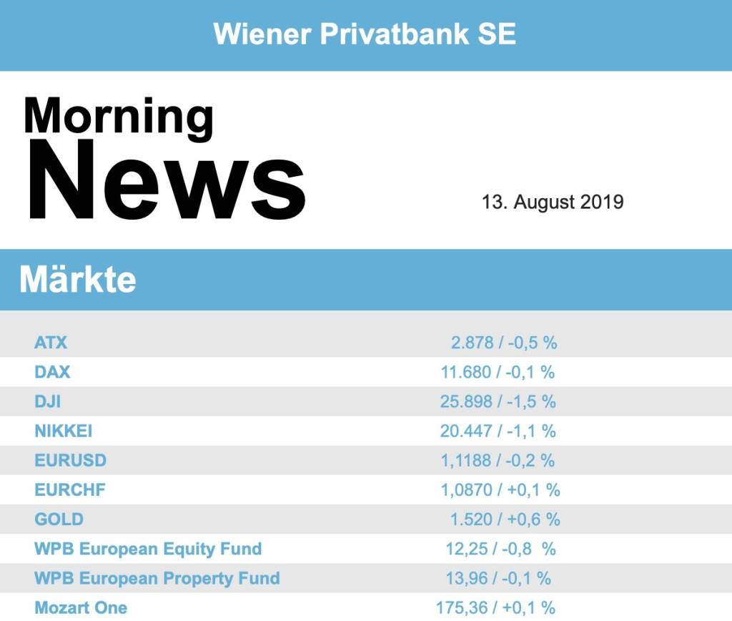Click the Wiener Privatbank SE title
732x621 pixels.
point(365,34)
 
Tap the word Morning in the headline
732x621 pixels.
point(119,117)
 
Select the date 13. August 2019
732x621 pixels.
point(553,202)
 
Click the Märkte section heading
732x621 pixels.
point(77,279)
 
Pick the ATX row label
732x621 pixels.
point(51,343)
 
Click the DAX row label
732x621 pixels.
point(52,372)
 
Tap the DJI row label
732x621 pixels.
point(47,401)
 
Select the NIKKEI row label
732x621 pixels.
point(63,431)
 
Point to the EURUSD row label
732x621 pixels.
point(70,460)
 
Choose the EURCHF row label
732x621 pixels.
point(70,490)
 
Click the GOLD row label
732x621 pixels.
point(59,519)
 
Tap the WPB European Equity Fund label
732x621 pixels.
point(148,549)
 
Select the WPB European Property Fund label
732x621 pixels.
point(157,578)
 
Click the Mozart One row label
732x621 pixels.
point(81,608)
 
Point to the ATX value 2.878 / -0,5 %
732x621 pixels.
point(503,343)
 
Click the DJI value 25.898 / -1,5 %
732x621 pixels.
point(498,401)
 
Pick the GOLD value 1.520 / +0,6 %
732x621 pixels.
point(505,519)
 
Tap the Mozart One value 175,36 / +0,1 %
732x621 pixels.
point(495,608)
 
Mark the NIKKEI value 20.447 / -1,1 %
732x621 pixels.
point(498,431)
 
